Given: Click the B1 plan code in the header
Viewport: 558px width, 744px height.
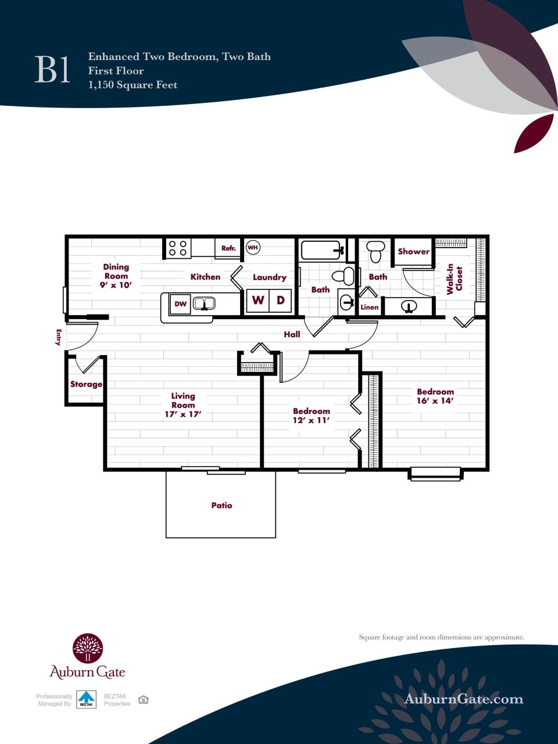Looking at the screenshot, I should [53, 70].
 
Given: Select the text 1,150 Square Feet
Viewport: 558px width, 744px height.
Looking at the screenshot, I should [133, 85].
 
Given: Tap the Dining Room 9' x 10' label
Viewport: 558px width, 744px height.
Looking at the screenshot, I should [116, 276].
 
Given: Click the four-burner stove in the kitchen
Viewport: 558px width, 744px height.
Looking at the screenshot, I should [177, 248].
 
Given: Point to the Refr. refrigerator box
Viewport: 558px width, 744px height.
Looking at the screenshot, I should [228, 248].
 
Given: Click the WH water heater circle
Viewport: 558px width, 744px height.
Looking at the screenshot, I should [252, 248].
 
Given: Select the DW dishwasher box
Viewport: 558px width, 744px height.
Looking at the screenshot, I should [180, 303].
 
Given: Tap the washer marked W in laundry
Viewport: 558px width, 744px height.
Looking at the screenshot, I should [257, 301].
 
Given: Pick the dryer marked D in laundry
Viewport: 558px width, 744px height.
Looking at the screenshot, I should [280, 301].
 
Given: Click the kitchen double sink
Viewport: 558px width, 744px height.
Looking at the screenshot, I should [204, 303].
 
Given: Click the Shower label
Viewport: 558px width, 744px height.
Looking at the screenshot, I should [413, 252].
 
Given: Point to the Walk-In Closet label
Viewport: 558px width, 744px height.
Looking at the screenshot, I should [453, 280].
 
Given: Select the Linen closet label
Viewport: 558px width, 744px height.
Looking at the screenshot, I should [369, 307].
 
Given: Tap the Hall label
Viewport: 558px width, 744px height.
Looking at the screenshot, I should [292, 334].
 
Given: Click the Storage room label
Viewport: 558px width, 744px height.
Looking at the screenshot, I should [86, 384].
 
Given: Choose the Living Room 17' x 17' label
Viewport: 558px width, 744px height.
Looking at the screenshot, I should [183, 405].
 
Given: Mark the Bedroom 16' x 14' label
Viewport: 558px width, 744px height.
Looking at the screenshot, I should [435, 396].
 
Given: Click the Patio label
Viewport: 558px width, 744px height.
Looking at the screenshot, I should [221, 506].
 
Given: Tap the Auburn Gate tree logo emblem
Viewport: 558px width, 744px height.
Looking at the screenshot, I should [87, 648].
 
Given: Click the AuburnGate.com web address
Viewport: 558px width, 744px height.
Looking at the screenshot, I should [463, 699].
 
